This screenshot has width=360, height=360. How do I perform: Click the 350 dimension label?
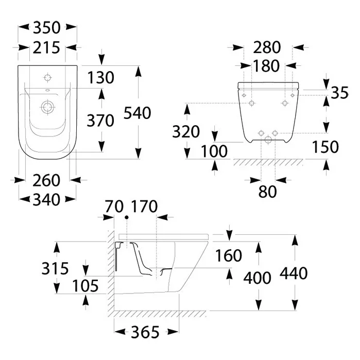tap(47, 27)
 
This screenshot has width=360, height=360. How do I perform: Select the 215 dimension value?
tap(46, 48)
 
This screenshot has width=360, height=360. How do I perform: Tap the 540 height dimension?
tap(138, 113)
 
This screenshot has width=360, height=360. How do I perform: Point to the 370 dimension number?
tap(100, 121)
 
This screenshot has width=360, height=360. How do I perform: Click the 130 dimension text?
tap(101, 77)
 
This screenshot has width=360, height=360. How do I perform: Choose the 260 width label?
tap(46, 180)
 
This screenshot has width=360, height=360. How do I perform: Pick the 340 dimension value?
tap(46, 199)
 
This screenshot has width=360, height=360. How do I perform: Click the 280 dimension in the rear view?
tap(267, 47)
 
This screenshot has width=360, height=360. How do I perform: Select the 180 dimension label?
tap(266, 65)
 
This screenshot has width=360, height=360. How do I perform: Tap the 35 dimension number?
tap(340, 93)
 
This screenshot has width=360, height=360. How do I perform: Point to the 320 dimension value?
tap(186, 131)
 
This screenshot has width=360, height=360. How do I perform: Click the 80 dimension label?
tap(267, 192)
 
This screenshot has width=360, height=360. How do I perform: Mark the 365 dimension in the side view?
tap(145, 332)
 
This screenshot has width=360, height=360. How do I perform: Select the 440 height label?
tap(294, 273)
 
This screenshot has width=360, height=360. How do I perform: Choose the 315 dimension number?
tap(55, 268)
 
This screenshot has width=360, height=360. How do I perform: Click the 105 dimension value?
tap(85, 286)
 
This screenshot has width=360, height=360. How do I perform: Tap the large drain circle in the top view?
tap(48, 107)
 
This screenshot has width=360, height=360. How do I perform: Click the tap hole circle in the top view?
tap(47, 78)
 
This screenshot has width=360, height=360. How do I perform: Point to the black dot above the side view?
tap(127, 217)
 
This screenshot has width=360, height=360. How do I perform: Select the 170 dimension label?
tap(144, 206)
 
